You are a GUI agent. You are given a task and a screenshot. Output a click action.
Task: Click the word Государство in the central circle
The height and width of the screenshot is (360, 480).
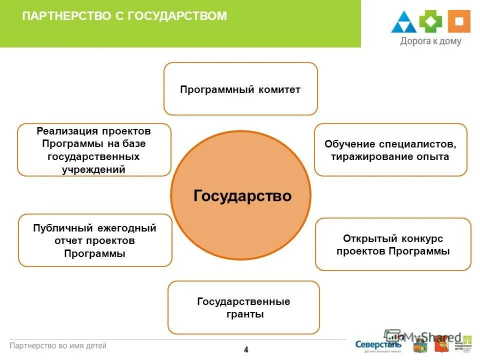[242, 195]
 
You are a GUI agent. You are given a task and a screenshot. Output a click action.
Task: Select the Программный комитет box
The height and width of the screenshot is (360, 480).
[240, 89]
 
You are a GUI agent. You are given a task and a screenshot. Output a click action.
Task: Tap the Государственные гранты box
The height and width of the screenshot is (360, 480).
[243, 308]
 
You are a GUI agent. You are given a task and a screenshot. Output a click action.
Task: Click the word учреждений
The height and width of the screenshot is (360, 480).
[93, 169]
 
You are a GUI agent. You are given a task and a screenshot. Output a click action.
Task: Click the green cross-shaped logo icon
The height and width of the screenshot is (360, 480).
[430, 22]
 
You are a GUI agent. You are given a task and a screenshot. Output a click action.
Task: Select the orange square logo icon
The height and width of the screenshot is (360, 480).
[459, 21]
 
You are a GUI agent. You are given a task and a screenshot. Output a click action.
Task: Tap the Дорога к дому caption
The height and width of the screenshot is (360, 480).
[430, 41]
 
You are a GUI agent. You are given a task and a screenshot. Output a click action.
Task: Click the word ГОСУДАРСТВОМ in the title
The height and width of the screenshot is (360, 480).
[177, 16]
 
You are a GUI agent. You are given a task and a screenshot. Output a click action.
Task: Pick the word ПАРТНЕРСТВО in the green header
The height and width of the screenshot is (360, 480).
[66, 16]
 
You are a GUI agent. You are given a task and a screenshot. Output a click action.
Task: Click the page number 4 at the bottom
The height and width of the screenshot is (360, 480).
[246, 350]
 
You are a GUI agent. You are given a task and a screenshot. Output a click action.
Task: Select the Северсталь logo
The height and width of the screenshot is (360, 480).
[378, 344]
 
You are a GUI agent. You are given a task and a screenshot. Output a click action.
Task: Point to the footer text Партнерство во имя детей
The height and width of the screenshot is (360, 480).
[58, 345]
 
